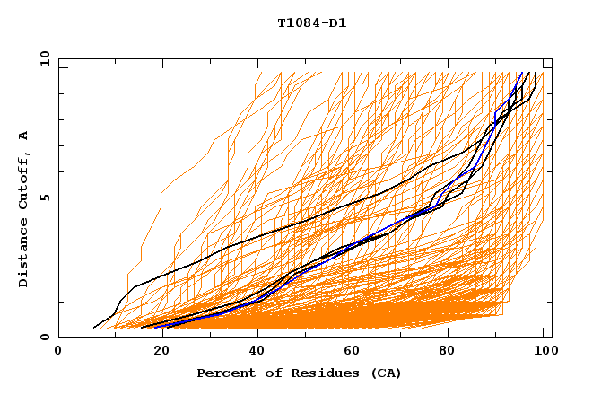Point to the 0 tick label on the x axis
59,351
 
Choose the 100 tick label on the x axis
544,351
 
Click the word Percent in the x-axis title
225,373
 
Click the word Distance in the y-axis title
24,254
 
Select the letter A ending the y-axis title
24,136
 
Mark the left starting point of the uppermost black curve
94,328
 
